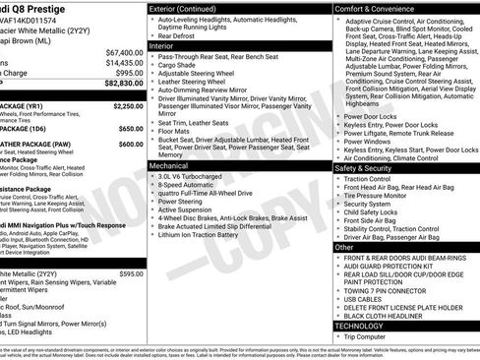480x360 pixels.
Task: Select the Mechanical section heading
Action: (x=175, y=167)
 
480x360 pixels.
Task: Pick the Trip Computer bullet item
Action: (x=374, y=337)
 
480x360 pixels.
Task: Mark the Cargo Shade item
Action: (x=178, y=66)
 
